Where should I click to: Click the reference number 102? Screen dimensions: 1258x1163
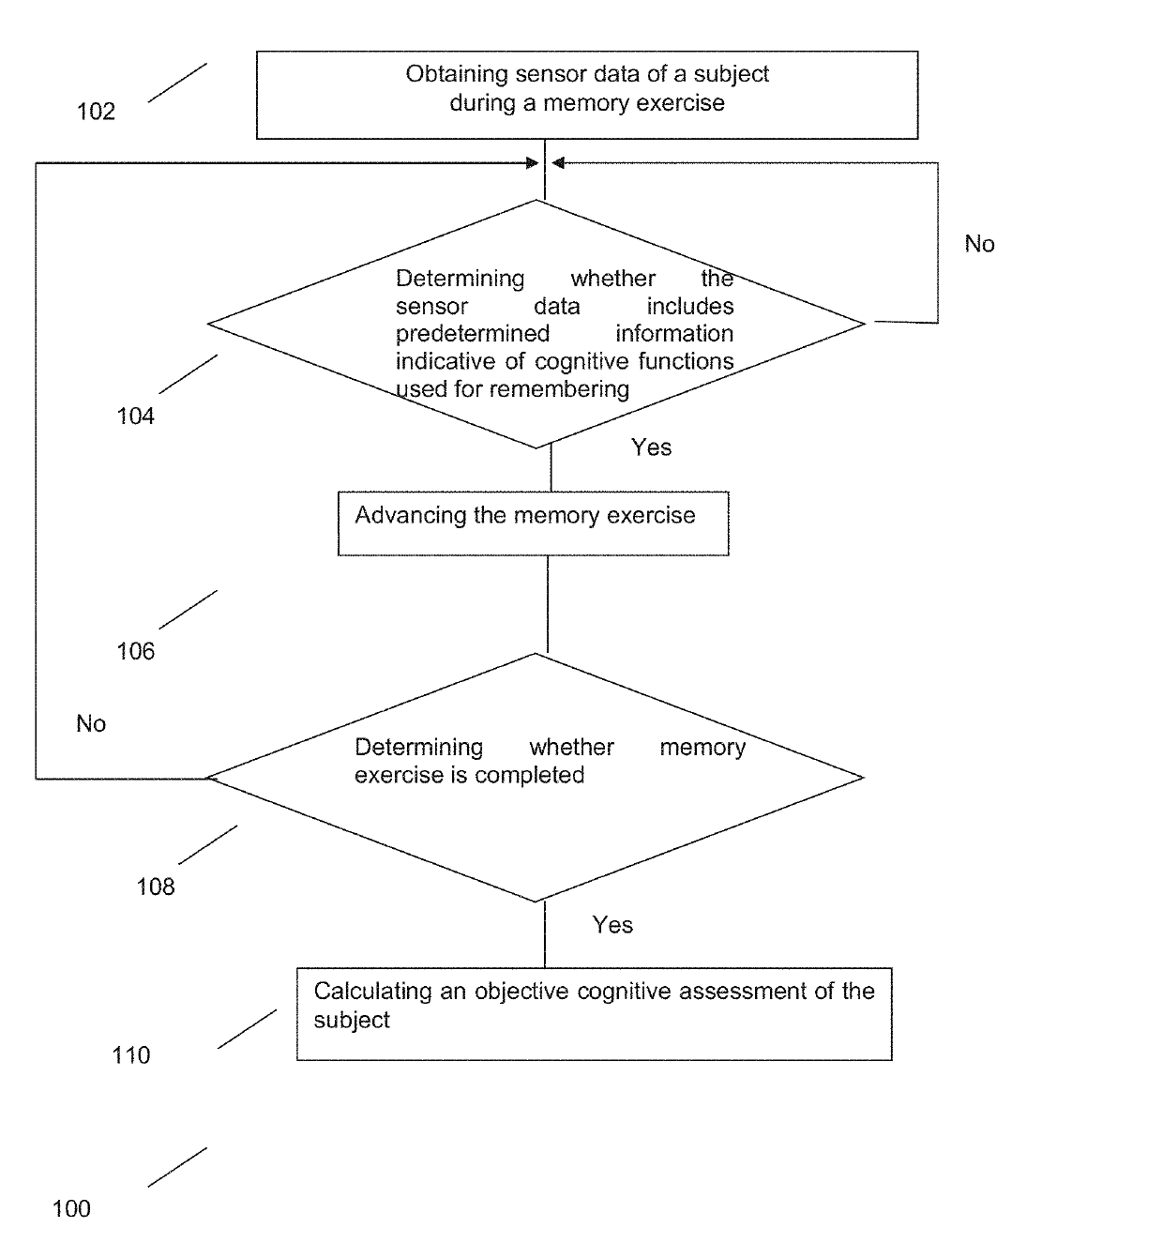tap(96, 112)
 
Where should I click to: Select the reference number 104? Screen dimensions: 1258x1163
tap(135, 416)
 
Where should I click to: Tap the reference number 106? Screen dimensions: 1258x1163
tap(135, 651)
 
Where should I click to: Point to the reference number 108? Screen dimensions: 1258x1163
tap(156, 887)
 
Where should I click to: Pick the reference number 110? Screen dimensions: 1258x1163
tap(131, 1055)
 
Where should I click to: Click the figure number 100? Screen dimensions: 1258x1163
tap(71, 1208)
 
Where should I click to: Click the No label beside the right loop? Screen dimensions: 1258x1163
tap(979, 244)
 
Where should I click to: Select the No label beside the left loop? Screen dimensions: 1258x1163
tap(91, 723)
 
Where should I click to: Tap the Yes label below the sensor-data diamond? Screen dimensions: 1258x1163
tap(651, 447)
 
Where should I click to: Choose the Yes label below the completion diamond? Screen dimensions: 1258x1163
tap(612, 925)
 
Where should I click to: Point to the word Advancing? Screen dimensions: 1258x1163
tap(411, 515)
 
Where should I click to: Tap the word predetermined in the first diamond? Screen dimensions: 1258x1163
tap(473, 334)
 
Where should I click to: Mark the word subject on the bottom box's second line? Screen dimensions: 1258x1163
tap(352, 1021)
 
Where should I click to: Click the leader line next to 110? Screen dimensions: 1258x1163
tap(248, 1029)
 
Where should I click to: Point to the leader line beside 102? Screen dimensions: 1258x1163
tap(177, 83)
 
